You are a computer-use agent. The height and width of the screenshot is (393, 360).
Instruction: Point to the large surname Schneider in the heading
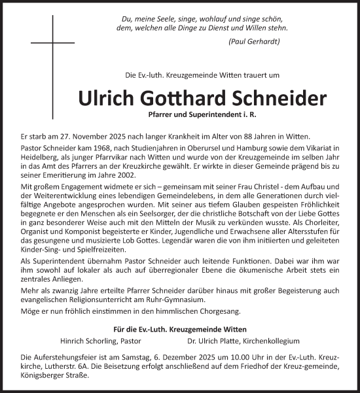281,99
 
